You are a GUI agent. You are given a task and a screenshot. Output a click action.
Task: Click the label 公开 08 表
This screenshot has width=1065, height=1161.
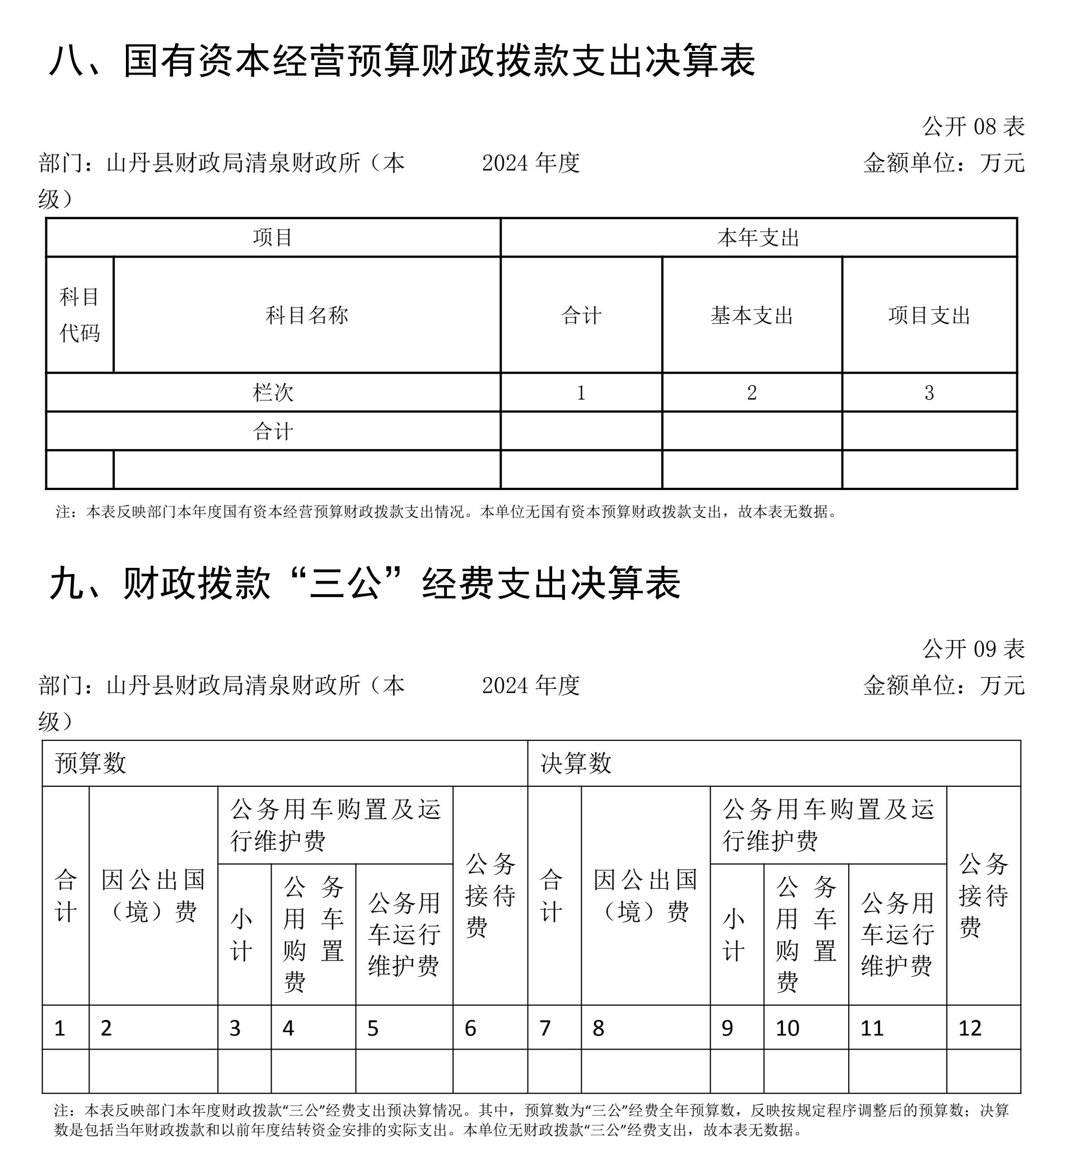tap(973, 127)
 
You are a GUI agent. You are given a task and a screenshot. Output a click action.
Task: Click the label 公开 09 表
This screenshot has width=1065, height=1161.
tap(973, 649)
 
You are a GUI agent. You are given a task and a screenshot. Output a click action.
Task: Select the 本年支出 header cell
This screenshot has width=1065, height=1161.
tap(758, 237)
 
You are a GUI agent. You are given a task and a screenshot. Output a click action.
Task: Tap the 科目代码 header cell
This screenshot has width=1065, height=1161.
tap(80, 315)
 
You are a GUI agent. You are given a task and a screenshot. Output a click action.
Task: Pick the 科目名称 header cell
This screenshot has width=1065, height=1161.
tap(307, 315)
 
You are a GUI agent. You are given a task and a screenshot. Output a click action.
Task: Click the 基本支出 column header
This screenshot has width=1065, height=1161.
tap(751, 315)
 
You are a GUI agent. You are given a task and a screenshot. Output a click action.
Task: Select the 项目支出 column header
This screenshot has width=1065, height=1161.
tap(929, 315)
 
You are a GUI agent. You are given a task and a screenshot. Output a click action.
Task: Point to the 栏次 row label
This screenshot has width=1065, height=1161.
tap(273, 393)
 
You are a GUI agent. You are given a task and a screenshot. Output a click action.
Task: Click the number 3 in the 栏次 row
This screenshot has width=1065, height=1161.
tap(929, 393)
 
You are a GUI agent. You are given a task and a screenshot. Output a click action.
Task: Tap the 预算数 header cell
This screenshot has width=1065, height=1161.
tap(91, 763)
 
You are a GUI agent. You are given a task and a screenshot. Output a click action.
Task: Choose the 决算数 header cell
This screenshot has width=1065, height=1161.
tap(576, 763)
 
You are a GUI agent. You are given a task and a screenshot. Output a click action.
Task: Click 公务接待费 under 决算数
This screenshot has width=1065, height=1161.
tap(983, 895)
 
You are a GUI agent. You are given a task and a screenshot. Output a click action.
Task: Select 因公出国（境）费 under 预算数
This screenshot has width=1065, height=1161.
tap(153, 895)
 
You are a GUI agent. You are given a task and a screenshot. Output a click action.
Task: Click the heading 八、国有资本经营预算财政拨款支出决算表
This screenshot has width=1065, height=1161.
tap(402, 60)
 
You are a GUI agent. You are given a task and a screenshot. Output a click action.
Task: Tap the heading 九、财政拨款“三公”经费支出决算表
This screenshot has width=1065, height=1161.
tap(366, 583)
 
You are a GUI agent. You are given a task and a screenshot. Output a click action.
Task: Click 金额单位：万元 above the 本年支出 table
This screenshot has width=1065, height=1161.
tap(943, 163)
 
